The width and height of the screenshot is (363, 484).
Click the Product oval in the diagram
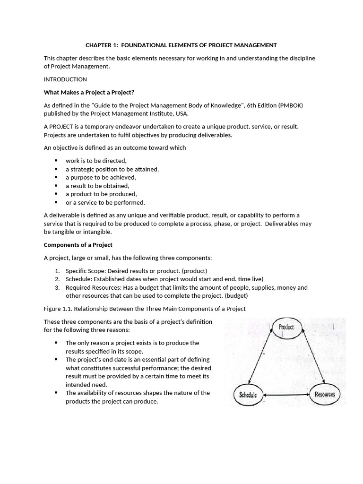click(x=286, y=328)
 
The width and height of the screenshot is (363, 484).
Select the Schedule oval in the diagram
click(x=248, y=394)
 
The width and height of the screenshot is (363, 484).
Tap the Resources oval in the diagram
click(x=325, y=394)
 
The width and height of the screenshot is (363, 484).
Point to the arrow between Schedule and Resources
click(x=286, y=394)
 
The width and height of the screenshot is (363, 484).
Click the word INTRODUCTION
click(x=65, y=79)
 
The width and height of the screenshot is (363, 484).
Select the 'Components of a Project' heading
click(x=78, y=245)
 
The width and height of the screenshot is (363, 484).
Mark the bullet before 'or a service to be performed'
click(x=56, y=203)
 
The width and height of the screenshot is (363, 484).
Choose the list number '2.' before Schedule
click(x=57, y=279)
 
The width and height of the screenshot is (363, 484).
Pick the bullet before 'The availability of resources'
click(x=56, y=393)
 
